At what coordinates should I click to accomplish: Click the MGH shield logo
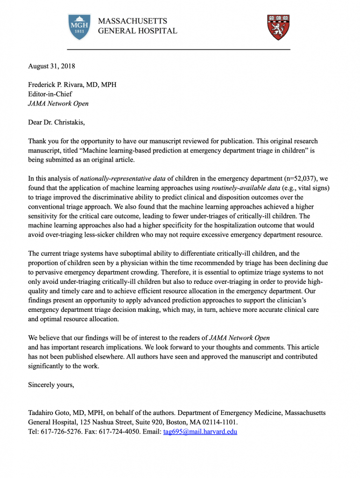coord(79,26)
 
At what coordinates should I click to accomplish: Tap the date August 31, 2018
coord(51,66)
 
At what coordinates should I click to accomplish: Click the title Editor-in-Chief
coord(50,94)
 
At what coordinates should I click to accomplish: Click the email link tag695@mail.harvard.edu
coord(200,432)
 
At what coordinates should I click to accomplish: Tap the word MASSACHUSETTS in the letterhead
coord(132,21)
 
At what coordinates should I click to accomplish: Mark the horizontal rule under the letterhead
coord(179,49)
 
